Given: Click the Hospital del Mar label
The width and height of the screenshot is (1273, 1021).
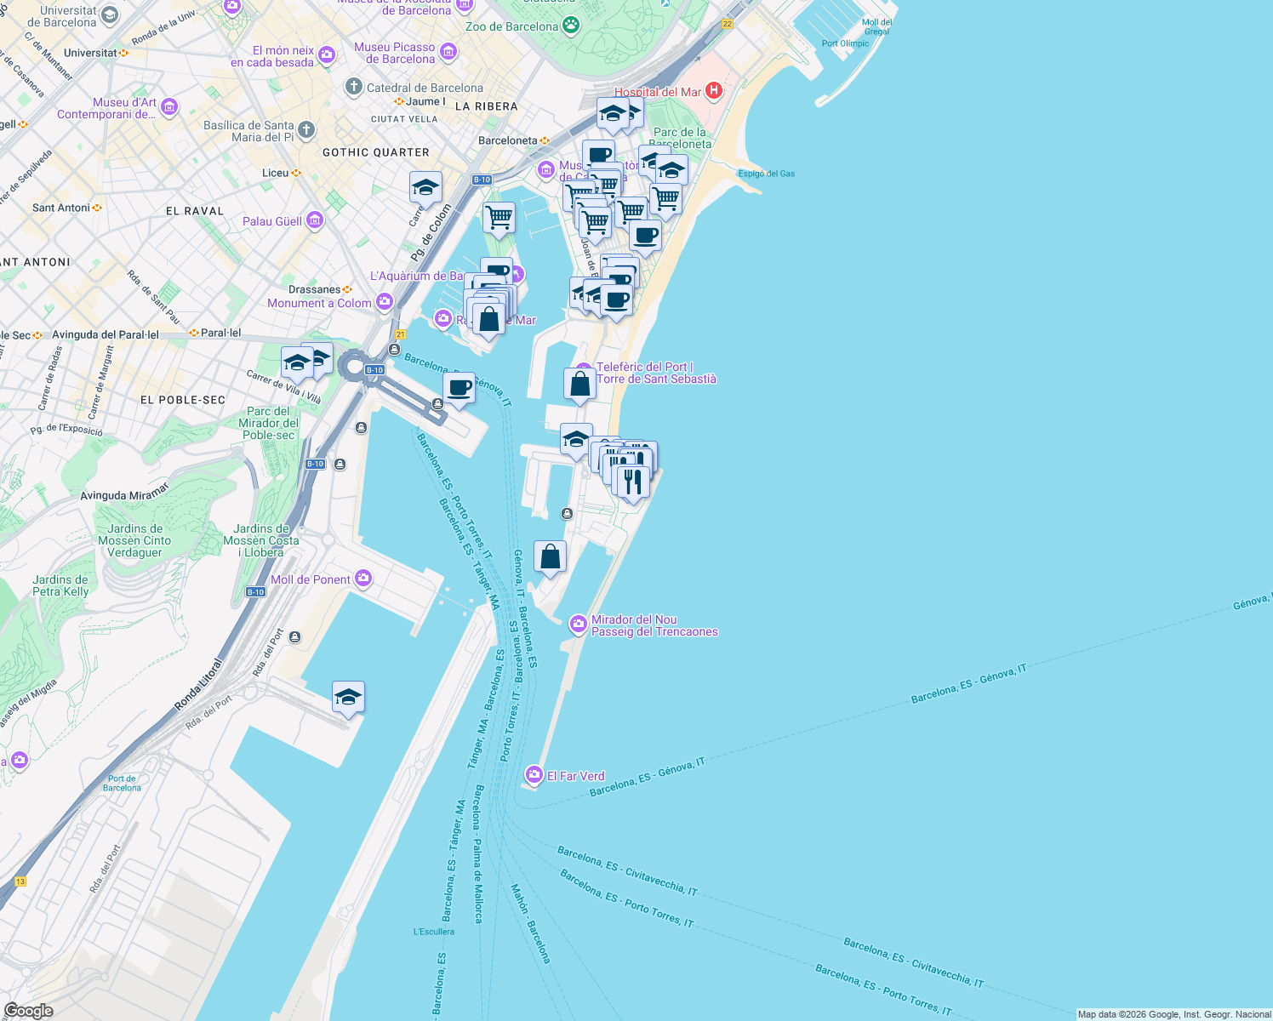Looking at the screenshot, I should pyautogui.click(x=658, y=92).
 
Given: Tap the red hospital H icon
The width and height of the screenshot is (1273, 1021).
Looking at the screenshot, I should pyautogui.click(x=714, y=90).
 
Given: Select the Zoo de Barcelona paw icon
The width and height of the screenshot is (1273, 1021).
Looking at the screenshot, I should pyautogui.click(x=571, y=26).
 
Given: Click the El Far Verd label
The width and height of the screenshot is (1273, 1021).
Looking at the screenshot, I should pyautogui.click(x=575, y=776).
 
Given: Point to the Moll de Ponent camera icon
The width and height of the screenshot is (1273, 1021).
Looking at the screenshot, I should pyautogui.click(x=363, y=579).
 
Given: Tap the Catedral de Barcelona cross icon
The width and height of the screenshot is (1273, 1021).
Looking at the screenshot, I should pyautogui.click(x=354, y=87).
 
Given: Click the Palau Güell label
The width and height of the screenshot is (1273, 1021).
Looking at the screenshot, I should pyautogui.click(x=272, y=221).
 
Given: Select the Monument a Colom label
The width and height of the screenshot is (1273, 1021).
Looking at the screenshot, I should pyautogui.click(x=319, y=303).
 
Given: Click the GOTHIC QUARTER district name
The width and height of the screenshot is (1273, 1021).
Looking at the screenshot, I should pyautogui.click(x=376, y=152).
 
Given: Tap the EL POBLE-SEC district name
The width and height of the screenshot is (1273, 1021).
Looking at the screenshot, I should pyautogui.click(x=183, y=400).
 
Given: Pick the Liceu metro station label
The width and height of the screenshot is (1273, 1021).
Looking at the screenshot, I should pyautogui.click(x=275, y=173).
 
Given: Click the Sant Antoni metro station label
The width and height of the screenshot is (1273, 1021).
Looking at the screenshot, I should pyautogui.click(x=60, y=208).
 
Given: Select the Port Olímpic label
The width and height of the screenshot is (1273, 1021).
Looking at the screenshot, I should pyautogui.click(x=846, y=43).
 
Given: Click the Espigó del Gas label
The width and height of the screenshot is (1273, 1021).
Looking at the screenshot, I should pyautogui.click(x=766, y=174).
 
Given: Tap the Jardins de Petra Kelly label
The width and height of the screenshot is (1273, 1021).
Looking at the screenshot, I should pyautogui.click(x=60, y=585).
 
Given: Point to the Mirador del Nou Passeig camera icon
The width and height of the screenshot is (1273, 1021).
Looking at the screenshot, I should pyautogui.click(x=579, y=625).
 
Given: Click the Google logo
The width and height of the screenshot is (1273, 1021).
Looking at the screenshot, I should pyautogui.click(x=28, y=1010).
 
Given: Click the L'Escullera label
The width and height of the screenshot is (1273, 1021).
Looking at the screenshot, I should pyautogui.click(x=434, y=932).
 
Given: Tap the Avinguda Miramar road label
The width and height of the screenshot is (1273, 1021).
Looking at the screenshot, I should pyautogui.click(x=125, y=492).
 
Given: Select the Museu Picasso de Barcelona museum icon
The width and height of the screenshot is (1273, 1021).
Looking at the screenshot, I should pyautogui.click(x=448, y=52).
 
